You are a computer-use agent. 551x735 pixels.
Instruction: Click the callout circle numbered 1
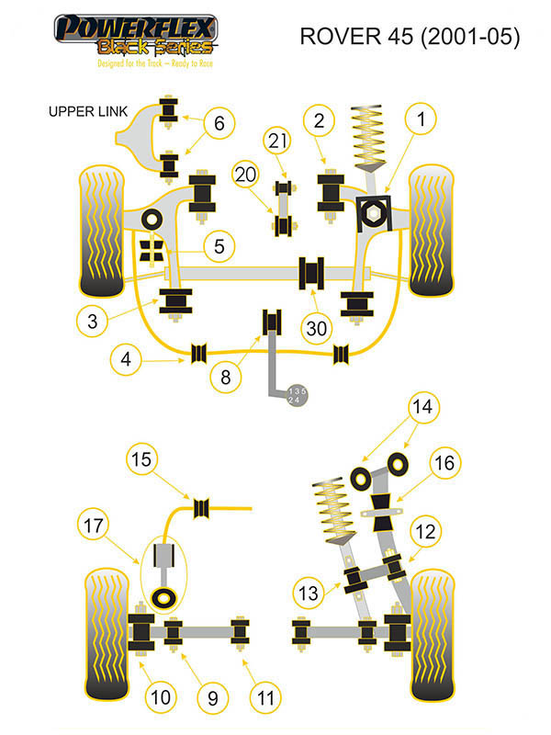pos(422,119)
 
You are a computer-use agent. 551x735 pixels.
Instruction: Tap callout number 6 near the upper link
pos(219,122)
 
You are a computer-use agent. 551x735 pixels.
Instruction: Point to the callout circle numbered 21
pos(278,141)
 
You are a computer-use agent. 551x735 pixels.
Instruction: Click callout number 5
pos(219,245)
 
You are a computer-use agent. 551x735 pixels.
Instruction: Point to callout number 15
pos(141,459)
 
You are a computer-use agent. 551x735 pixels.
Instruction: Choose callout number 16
pos(444,463)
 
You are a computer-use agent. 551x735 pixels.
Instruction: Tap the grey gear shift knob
pos(298,395)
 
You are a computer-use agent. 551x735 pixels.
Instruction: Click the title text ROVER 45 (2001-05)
pos(410,38)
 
